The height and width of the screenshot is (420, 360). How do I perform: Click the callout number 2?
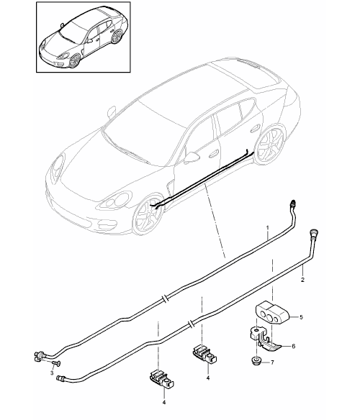tap(302, 280)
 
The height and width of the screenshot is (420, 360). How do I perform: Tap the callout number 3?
tap(52, 373)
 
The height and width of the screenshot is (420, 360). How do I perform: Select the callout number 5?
tap(301, 317)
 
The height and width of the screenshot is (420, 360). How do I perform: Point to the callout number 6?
tap(293, 346)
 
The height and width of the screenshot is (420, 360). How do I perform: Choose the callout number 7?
tap(272, 362)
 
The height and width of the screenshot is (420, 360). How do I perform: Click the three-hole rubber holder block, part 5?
tap(271, 314)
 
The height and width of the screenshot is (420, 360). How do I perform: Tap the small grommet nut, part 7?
tap(256, 360)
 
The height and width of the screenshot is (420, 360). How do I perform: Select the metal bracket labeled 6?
tap(265, 339)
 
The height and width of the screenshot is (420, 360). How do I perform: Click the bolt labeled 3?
tap(55, 362)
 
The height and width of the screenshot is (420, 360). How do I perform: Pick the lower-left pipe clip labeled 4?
tap(162, 378)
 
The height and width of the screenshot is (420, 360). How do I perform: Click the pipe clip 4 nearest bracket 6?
tap(204, 354)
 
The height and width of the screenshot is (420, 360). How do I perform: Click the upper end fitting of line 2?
tap(313, 232)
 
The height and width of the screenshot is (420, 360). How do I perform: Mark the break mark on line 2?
tap(191, 323)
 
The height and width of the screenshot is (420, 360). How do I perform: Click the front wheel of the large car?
tap(148, 215)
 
